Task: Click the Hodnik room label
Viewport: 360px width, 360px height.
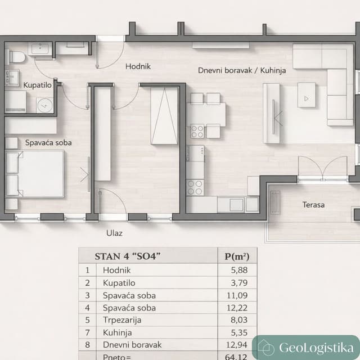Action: point(138,66)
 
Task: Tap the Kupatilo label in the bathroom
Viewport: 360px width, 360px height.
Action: point(37,85)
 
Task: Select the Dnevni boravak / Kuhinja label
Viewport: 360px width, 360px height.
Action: point(242,70)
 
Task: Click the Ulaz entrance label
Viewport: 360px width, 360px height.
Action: point(114,232)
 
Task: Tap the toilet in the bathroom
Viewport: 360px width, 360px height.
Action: point(16,56)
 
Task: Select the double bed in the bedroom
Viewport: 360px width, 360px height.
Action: point(35,173)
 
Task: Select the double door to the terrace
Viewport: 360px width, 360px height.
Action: point(322,169)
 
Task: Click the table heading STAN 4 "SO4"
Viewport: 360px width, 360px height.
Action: point(128,256)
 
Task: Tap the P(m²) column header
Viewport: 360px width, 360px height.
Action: point(237,256)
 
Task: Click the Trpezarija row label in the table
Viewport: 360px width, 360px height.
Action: point(122,320)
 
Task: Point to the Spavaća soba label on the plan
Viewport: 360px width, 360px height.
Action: point(48,143)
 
